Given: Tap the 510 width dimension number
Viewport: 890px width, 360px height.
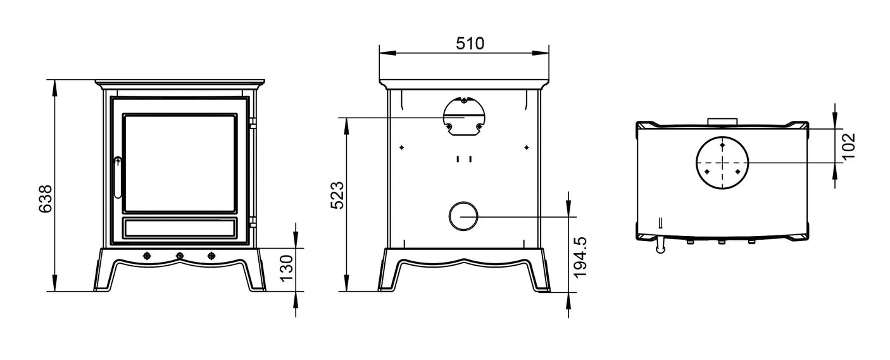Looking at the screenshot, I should [470, 44].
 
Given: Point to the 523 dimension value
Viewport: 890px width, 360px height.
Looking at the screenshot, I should [337, 195].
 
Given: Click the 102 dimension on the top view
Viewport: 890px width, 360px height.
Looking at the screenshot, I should [848, 145].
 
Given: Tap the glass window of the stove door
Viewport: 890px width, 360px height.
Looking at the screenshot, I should [180, 163].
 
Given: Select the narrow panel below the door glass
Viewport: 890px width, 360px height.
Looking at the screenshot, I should [180, 228].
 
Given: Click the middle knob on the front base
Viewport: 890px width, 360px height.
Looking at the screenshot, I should [179, 256].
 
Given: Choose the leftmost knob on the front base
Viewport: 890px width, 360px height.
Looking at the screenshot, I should [147, 256].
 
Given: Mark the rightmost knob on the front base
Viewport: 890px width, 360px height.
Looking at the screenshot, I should [211, 256].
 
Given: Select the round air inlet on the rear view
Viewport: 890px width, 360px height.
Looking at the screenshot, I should [464, 217].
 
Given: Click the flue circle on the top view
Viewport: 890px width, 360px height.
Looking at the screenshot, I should [722, 162].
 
